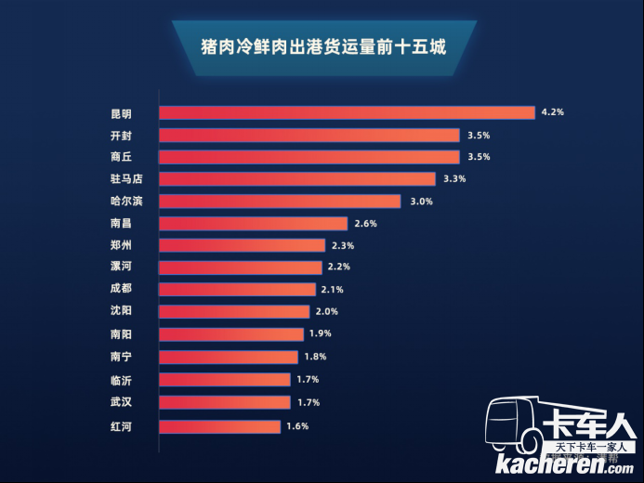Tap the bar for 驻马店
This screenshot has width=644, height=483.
pos(297,178)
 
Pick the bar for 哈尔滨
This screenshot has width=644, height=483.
pos(280,202)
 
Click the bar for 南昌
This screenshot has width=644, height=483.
pos(253,224)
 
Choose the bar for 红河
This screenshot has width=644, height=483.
pos(219,426)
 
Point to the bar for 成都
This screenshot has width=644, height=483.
pos(237,289)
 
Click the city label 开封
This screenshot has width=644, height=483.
pos(121,136)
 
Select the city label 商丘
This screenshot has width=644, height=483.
pos(121,157)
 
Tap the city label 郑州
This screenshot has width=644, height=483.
pos(121,246)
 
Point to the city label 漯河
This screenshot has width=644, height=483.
pos(121,267)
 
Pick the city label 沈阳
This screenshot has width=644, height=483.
pos(121,312)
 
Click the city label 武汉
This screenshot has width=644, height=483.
pos(121,402)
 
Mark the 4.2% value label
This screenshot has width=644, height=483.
pos(553,112)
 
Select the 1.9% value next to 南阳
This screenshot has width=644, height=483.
pos(320,333)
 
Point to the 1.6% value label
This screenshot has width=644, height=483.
pos(296,426)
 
